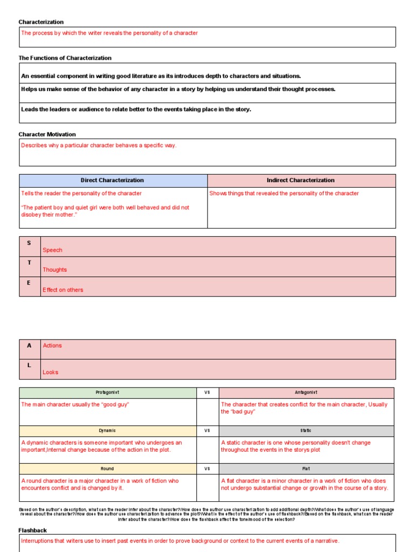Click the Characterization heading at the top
point(41,22)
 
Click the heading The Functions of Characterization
point(65,58)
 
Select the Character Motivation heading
point(47,134)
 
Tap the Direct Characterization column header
point(112,180)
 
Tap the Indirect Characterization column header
point(301,180)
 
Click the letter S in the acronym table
point(29,243)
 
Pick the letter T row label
point(29,263)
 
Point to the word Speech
point(52,250)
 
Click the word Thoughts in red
point(54,270)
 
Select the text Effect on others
point(63,289)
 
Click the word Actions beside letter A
point(52,346)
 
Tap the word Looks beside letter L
point(50,372)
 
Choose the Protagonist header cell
point(107,392)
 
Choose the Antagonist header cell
point(306,392)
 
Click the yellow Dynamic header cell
point(107,431)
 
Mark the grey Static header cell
point(306,431)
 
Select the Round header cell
point(107,469)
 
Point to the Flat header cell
point(306,469)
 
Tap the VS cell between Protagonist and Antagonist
point(207,392)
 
